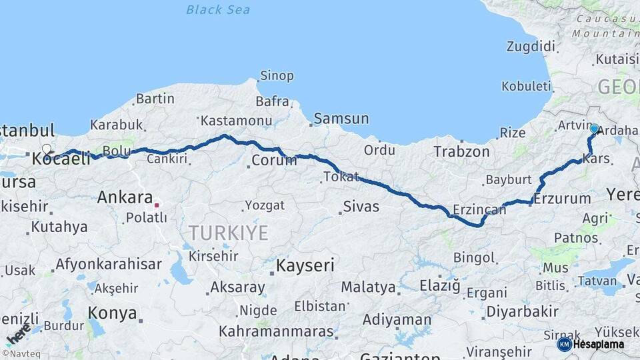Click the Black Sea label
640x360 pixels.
(x=218, y=9)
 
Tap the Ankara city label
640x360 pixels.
(x=125, y=197)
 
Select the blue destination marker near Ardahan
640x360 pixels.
(x=594, y=129)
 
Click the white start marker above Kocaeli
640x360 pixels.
(x=46, y=149)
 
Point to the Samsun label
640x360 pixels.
(x=341, y=119)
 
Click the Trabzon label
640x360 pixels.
(x=461, y=151)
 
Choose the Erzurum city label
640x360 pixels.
(x=562, y=199)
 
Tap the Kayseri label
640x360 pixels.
(x=305, y=265)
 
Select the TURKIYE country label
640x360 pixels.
(x=228, y=233)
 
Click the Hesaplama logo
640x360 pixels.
(x=591, y=344)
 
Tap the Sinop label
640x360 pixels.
(x=277, y=76)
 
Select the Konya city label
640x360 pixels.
(x=113, y=313)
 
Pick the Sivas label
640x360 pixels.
(x=361, y=207)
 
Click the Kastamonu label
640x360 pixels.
(x=237, y=121)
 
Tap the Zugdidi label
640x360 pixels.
(x=531, y=47)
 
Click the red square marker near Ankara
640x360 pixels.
(x=157, y=205)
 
